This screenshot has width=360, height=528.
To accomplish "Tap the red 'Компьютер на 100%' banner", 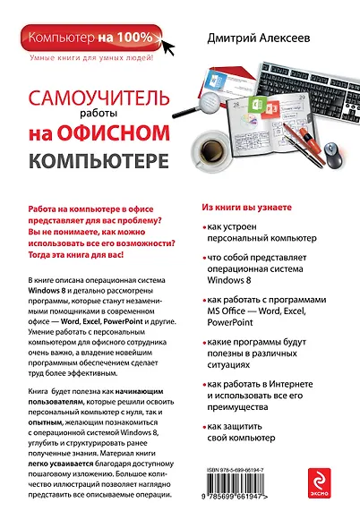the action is pyautogui.click(x=87, y=38).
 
